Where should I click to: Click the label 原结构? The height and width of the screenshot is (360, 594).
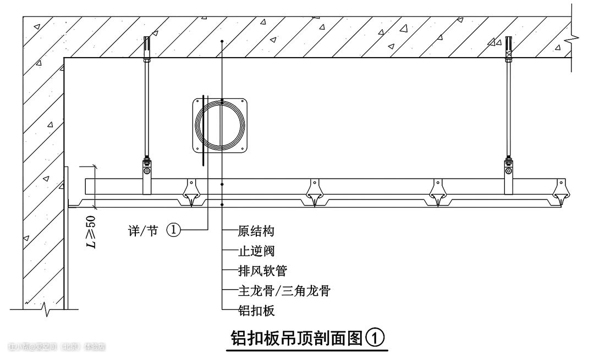(256, 231)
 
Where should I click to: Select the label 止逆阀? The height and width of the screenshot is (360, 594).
(256, 251)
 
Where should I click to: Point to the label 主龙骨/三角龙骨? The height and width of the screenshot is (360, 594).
(284, 291)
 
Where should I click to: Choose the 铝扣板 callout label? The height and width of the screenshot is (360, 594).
(256, 311)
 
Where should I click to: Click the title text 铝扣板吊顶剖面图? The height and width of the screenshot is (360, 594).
(296, 337)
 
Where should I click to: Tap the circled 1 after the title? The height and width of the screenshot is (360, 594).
(375, 337)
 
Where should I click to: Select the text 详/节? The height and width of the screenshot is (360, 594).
(142, 231)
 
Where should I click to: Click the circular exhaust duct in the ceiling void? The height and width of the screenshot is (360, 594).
(219, 125)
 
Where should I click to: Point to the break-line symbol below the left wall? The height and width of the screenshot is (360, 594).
(47, 312)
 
